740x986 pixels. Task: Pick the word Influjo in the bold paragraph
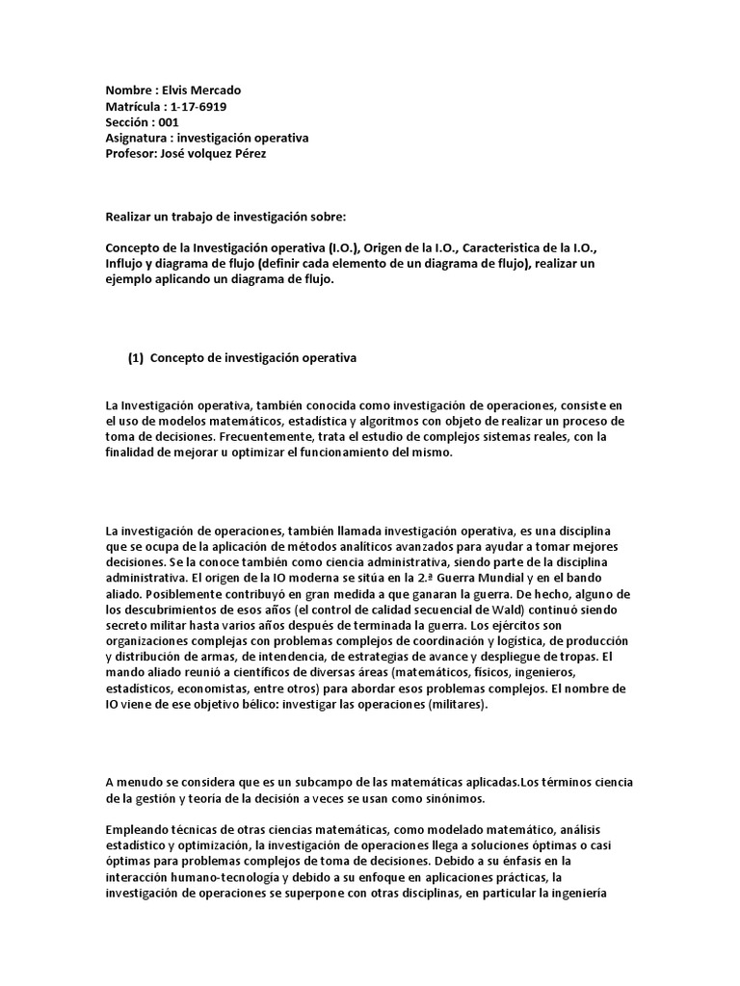[x=126, y=262]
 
